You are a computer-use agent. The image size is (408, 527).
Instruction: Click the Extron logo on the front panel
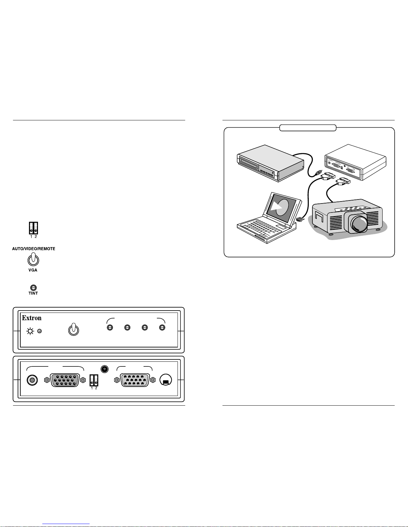pyautogui.click(x=32, y=318)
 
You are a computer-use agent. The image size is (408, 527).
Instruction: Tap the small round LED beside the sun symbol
pyautogui.click(x=39, y=331)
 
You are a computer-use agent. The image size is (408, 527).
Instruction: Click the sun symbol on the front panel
pyautogui.click(x=30, y=331)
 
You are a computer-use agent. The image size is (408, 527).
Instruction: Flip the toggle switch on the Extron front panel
pyautogui.click(x=74, y=329)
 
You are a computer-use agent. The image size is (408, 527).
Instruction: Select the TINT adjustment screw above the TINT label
pyautogui.click(x=33, y=288)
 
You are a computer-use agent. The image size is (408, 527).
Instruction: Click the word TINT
pyautogui.click(x=33, y=293)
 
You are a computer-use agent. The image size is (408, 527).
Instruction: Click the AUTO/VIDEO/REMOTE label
pyautogui.click(x=34, y=249)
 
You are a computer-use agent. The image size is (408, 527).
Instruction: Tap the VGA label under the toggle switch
pyautogui.click(x=33, y=270)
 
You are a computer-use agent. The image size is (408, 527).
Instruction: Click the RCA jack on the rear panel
pyautogui.click(x=32, y=380)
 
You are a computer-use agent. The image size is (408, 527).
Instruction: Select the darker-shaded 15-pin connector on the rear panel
pyautogui.click(x=65, y=380)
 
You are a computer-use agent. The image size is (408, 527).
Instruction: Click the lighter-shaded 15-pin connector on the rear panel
pyautogui.click(x=135, y=380)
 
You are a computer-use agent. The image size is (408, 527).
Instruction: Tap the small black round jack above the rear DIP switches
pyautogui.click(x=105, y=369)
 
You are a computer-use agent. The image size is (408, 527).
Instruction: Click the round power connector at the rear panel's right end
pyautogui.click(x=166, y=380)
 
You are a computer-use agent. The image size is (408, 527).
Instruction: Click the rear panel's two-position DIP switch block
pyautogui.click(x=94, y=380)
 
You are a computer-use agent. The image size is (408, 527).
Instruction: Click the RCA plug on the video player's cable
pyautogui.click(x=318, y=173)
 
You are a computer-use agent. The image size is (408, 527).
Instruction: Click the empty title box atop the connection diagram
pyautogui.click(x=308, y=128)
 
